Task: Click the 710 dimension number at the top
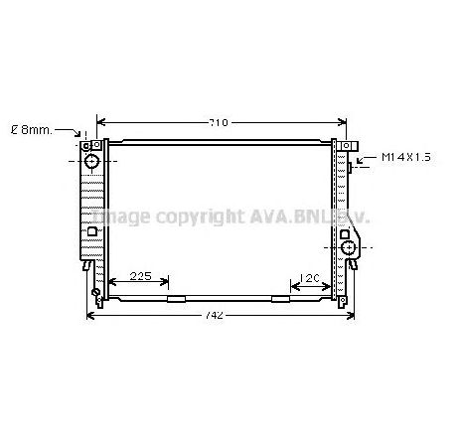(219, 123)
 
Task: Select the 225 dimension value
(140, 276)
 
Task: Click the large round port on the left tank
(91, 160)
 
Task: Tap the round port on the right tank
(349, 246)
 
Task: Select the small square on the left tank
(92, 233)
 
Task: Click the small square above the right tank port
(344, 234)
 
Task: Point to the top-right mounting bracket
(348, 147)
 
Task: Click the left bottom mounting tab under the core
(176, 298)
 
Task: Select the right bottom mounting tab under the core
(281, 298)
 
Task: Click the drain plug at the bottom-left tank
(95, 294)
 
